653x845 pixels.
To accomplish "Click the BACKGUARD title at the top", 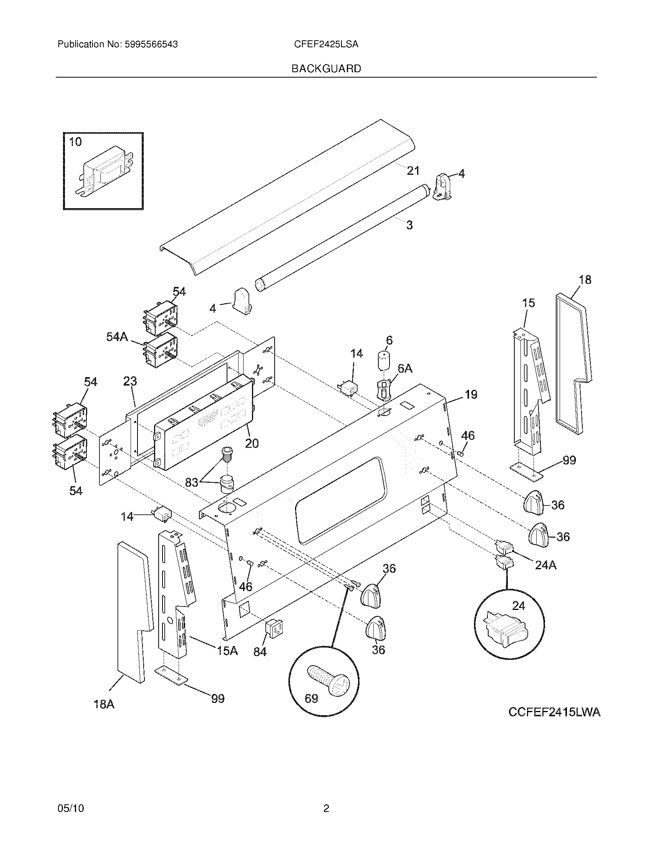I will pos(326,68).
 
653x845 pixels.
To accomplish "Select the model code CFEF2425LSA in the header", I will pos(326,45).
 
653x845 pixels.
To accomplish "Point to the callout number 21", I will pos(413,170).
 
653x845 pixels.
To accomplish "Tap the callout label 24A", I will pos(545,565).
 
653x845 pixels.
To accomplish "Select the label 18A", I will pos(104,704).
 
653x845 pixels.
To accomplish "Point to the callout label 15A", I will pos(227,651).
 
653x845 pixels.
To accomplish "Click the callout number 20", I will pos(252,443).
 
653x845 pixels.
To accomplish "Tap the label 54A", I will pos(117,337).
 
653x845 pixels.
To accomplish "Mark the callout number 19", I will pos(471,394).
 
